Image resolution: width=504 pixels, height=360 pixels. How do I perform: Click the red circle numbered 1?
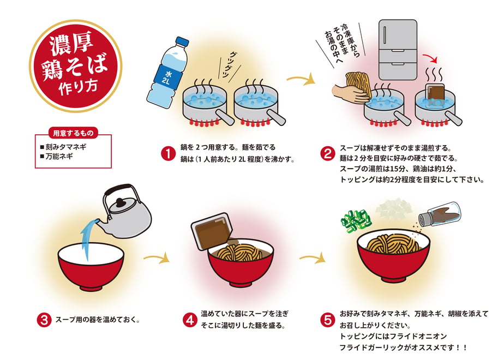[168, 153]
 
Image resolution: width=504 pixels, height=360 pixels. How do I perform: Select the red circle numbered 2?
[327, 153]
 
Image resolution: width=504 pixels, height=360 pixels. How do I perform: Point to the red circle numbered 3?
[44, 320]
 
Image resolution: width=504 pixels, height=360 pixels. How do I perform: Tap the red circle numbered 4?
[190, 320]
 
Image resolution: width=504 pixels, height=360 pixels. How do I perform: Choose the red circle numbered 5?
[327, 320]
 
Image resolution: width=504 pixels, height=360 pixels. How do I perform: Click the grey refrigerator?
[398, 50]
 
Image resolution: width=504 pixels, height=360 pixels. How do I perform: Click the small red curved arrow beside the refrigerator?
[431, 58]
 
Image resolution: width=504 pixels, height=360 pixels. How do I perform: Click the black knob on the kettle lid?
[121, 203]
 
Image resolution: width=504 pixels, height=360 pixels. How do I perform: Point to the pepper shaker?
[440, 214]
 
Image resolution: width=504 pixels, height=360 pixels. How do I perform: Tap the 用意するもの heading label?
[73, 133]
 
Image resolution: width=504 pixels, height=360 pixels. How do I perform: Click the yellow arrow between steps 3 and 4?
[156, 257]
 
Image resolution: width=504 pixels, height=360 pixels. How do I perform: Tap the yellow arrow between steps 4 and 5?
[313, 257]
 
